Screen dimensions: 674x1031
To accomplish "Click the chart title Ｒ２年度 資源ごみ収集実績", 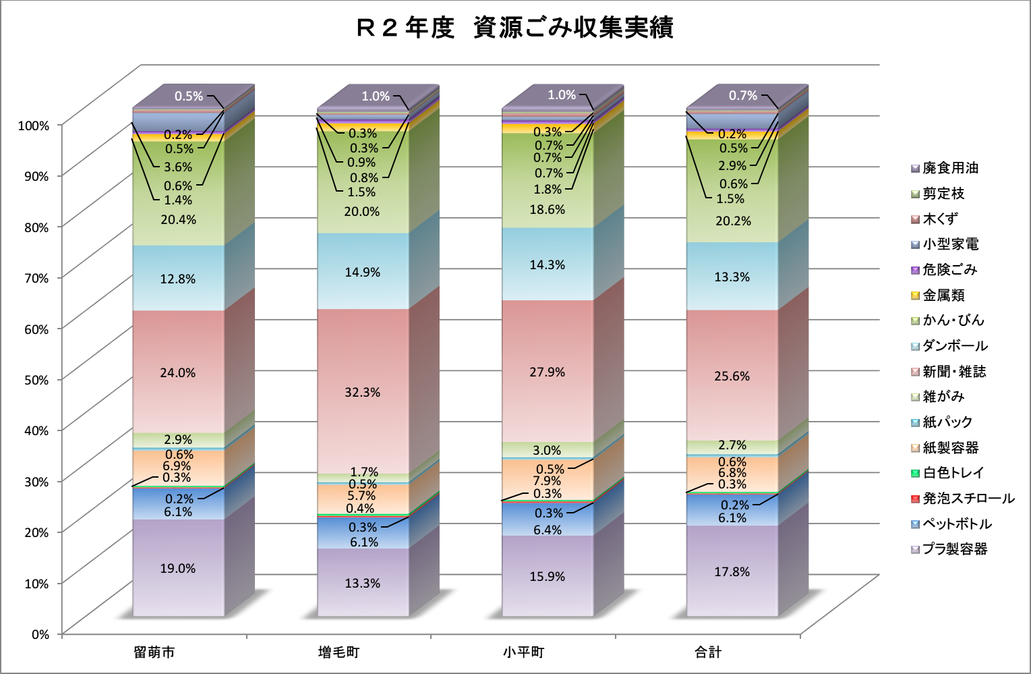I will (515, 28).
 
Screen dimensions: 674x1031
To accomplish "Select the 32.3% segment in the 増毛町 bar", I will (363, 392).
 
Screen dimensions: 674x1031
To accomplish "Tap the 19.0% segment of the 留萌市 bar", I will (178, 568).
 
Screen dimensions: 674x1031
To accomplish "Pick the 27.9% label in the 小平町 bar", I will (548, 372).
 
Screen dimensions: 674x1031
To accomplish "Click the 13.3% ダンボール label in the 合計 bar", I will (732, 277).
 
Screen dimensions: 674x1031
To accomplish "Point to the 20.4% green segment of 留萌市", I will (178, 219).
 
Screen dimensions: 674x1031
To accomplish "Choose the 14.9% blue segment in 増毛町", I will (363, 272).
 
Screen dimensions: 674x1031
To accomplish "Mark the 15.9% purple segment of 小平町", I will (548, 576).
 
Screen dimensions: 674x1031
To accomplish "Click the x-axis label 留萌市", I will (154, 652).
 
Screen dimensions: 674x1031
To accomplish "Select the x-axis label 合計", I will (709, 652).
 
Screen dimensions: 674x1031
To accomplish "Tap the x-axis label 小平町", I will (523, 652).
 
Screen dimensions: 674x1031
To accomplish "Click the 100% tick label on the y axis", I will (34, 125).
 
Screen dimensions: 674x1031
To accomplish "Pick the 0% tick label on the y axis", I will (40, 634).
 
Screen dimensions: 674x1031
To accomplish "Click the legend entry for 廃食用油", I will (950, 168).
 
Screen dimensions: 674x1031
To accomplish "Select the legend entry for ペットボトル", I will (957, 524).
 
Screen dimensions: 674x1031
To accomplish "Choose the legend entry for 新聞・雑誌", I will (954, 371).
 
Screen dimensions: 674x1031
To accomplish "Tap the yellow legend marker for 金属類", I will (915, 296).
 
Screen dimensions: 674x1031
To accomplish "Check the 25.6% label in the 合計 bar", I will (732, 376).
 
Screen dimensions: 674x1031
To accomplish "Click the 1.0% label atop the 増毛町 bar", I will (376, 96).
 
